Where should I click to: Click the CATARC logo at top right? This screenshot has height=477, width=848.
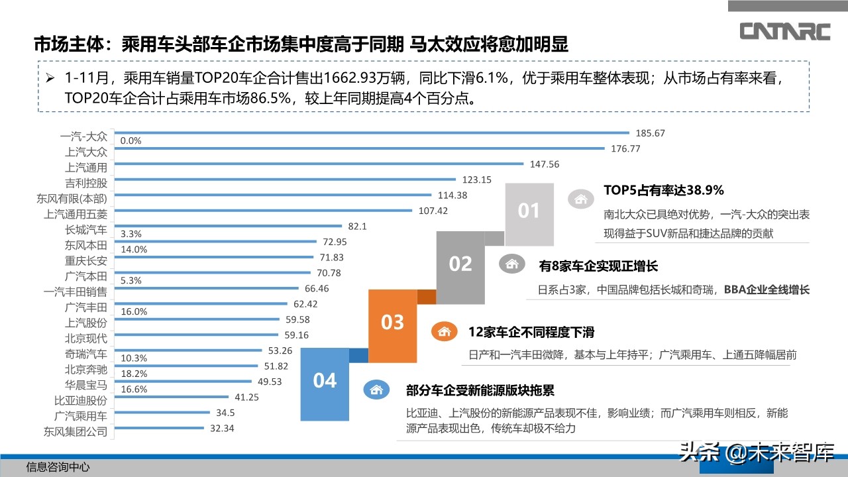click(784, 31)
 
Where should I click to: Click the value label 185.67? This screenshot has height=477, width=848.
click(649, 133)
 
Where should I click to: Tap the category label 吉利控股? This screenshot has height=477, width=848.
click(85, 182)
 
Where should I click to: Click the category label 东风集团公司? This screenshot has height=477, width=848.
click(76, 431)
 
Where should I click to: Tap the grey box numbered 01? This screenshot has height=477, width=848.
click(529, 211)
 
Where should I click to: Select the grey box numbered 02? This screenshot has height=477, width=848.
click(460, 264)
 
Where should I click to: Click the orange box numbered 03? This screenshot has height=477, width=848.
click(392, 323)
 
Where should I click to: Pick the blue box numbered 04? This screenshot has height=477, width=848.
click(325, 381)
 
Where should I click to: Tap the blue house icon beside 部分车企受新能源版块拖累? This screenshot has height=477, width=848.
click(375, 390)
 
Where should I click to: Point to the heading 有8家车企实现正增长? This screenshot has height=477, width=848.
click(598, 266)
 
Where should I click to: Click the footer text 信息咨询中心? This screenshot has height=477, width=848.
click(58, 468)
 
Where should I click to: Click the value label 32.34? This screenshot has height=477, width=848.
click(222, 429)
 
